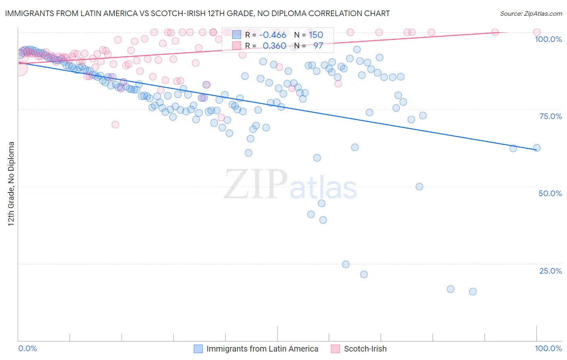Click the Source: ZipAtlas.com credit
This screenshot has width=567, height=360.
click(531, 13)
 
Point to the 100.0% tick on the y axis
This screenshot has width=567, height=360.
click(548, 39)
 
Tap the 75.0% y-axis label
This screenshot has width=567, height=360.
click(550, 116)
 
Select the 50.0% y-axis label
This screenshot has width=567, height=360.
click(550, 193)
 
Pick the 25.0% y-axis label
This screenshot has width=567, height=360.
click(550, 271)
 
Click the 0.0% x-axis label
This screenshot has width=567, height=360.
click(27, 348)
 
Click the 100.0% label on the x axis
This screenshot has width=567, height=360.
click(548, 348)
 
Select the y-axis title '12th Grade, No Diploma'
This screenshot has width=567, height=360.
click(11, 184)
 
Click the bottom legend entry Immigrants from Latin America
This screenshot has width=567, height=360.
click(262, 349)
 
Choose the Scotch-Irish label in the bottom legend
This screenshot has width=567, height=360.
click(365, 349)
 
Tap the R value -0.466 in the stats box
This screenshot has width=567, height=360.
click(273, 35)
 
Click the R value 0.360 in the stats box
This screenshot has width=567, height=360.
click(274, 46)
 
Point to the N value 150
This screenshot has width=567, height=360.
click(316, 35)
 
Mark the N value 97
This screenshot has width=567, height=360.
click(318, 46)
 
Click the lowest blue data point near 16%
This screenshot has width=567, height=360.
click(473, 291)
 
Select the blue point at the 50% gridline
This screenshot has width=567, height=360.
click(419, 186)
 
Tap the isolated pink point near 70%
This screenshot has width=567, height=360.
click(115, 125)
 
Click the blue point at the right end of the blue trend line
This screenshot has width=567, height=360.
click(536, 148)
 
